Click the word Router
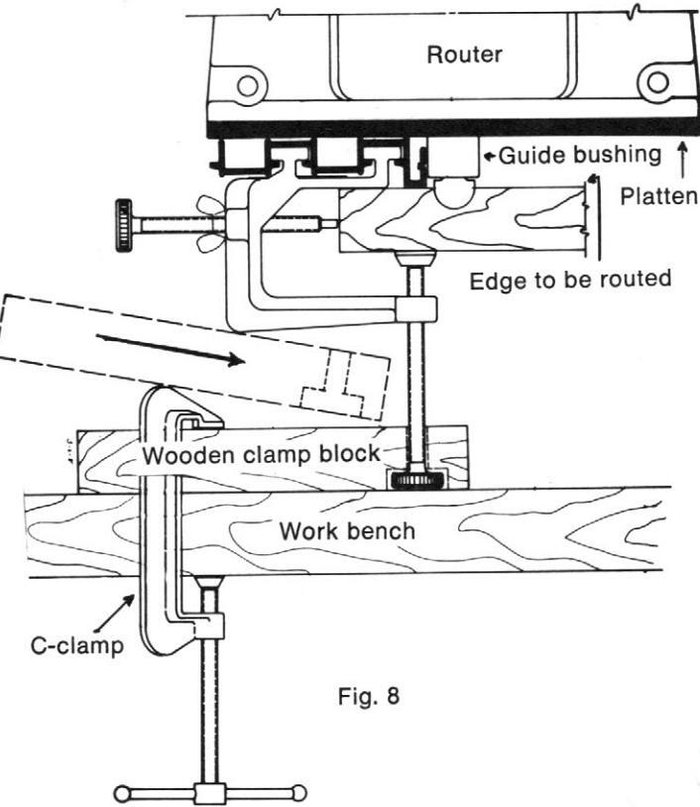[x=464, y=54]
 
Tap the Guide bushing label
[x=578, y=155]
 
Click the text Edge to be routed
[x=570, y=279]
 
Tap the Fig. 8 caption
[x=366, y=694]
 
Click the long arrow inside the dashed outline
[x=174, y=350]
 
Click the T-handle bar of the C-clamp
[x=209, y=794]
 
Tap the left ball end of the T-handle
[x=124, y=794]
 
